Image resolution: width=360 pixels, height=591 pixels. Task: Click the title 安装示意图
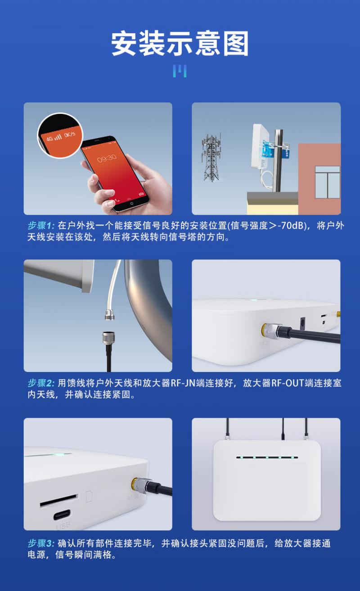(180, 43)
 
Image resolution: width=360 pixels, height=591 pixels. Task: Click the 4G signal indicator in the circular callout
(54, 138)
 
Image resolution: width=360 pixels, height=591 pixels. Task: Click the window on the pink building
(328, 182)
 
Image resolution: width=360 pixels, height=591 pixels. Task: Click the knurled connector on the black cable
(108, 339)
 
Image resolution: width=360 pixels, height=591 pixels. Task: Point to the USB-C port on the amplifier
(62, 515)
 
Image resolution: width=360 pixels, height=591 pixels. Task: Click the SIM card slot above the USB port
(59, 500)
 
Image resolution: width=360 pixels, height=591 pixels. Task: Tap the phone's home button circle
(132, 203)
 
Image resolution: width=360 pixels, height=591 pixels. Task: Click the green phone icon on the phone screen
(117, 200)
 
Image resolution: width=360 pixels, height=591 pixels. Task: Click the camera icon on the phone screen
(141, 194)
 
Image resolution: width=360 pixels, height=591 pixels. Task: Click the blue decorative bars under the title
(180, 71)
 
